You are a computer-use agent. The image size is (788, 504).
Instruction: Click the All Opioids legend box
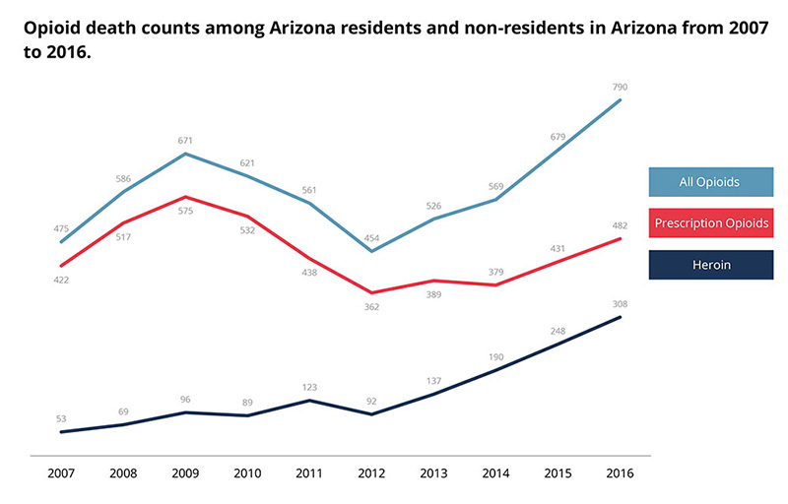pyautogui.click(x=709, y=182)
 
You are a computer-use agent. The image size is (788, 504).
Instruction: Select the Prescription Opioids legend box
pyautogui.click(x=709, y=223)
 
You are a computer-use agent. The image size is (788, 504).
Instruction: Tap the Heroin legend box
pyautogui.click(x=709, y=265)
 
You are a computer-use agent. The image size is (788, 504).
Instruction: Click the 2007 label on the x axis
pyautogui.click(x=61, y=472)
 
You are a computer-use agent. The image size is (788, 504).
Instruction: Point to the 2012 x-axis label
pyautogui.click(x=371, y=472)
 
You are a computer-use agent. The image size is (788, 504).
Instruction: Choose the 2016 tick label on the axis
pyautogui.click(x=621, y=472)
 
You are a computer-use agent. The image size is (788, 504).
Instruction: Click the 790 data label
pyautogui.click(x=621, y=88)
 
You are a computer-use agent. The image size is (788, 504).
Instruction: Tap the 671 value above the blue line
pyautogui.click(x=185, y=141)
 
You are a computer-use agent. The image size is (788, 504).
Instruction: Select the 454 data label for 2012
pyautogui.click(x=371, y=238)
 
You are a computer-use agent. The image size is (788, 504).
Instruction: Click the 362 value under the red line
pyautogui.click(x=371, y=307)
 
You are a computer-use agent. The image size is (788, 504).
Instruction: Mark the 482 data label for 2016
pyautogui.click(x=621, y=225)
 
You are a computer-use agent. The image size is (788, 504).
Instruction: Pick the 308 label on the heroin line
pyautogui.click(x=621, y=304)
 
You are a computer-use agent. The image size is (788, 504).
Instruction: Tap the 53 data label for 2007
pyautogui.click(x=61, y=418)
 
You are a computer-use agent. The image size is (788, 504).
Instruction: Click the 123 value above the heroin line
pyautogui.click(x=309, y=387)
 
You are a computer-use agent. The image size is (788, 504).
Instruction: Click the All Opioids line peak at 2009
pyautogui.click(x=185, y=154)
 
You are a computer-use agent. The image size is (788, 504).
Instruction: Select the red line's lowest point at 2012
pyautogui.click(x=371, y=292)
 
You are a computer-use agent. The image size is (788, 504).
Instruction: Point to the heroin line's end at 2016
pyautogui.click(x=621, y=317)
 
